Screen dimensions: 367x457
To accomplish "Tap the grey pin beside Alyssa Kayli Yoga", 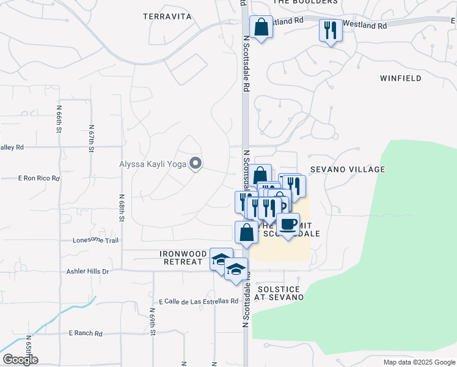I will pos(196,163).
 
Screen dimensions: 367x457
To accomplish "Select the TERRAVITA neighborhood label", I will pos(167,17).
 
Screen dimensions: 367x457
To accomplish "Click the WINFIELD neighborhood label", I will pos(400,78).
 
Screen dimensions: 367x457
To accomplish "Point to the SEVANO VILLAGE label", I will pos(348,169).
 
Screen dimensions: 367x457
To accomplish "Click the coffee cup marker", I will pos(288,224).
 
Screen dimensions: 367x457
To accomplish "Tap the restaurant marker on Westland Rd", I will pos(331,30).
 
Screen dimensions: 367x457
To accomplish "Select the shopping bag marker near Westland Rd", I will pos(261,28).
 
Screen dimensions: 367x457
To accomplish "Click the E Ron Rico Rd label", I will pos(39,179).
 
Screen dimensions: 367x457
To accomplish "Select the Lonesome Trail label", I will pos(95,240).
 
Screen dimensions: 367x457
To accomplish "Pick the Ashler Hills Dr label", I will pos(88,271).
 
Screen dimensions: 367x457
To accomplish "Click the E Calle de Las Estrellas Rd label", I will pos(198,301).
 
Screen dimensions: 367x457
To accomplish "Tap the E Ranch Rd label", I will pos(86,333).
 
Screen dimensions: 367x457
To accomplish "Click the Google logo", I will pos(20,360).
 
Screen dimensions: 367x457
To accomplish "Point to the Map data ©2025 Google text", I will pos(419,362).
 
